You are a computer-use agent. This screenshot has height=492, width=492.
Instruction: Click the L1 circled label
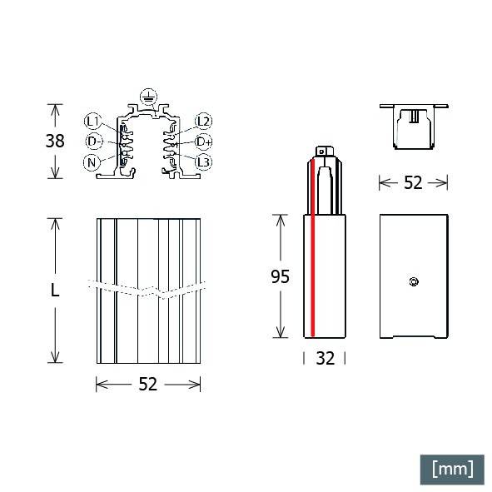tap(92, 122)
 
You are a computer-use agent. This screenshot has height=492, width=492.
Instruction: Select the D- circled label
tap(94, 142)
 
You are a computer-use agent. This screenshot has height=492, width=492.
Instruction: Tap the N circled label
tap(92, 162)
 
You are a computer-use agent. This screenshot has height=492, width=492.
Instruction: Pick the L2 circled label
tap(204, 122)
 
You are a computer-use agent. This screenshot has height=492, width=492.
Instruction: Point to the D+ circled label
tap(204, 142)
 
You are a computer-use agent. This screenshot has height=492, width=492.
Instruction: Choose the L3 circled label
tap(204, 162)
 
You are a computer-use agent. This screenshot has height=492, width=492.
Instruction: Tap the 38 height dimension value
tap(55, 142)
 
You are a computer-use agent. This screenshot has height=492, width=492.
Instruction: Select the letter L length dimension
tap(54, 291)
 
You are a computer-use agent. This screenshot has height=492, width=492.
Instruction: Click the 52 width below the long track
tap(147, 384)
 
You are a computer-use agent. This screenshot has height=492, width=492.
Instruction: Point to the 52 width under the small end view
tap(413, 183)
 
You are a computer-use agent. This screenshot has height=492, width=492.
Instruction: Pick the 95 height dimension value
tap(280, 276)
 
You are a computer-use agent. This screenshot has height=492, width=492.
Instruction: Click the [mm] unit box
tap(451, 468)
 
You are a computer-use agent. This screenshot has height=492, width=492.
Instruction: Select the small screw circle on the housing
tap(413, 281)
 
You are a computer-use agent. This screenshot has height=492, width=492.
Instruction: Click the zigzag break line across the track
tap(147, 291)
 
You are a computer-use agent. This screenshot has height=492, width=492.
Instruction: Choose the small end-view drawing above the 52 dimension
tap(413, 127)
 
